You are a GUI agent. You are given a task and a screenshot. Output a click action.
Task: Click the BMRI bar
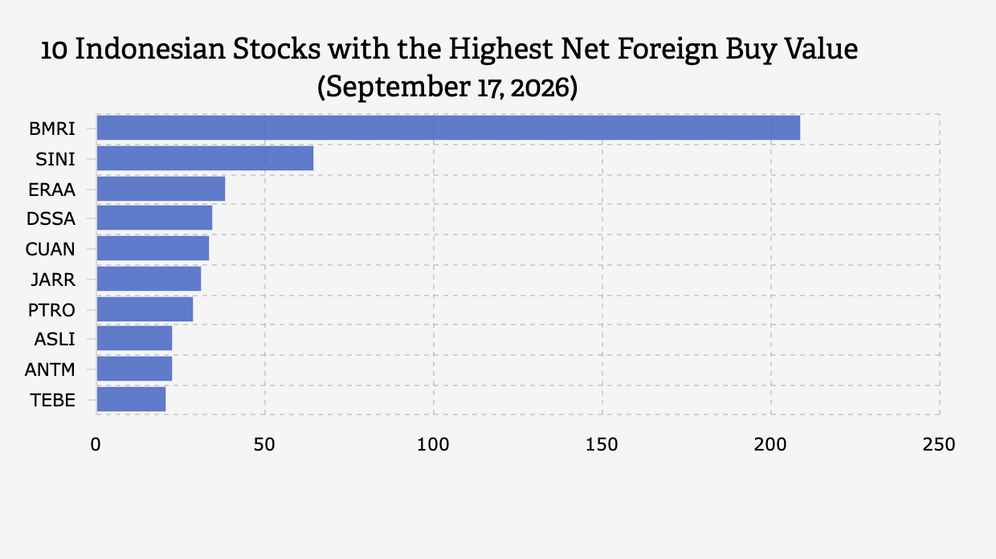(x=448, y=128)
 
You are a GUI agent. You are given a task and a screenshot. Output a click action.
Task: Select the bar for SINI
(x=205, y=158)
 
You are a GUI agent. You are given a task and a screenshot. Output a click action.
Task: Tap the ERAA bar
(x=161, y=189)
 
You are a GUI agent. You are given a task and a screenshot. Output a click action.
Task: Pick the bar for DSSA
(x=154, y=218)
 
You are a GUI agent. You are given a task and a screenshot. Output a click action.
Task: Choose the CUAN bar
(x=153, y=248)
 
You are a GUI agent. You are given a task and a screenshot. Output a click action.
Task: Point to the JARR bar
(x=149, y=279)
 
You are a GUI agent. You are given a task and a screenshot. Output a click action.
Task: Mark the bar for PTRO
(x=145, y=309)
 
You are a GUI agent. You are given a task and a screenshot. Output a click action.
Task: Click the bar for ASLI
(x=134, y=338)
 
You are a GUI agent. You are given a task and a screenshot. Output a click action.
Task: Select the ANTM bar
(x=134, y=369)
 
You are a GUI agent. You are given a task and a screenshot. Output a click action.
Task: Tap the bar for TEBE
(x=131, y=399)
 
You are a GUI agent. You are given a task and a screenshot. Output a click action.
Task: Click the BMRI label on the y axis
(x=52, y=129)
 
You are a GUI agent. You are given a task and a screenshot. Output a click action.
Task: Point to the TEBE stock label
(x=53, y=400)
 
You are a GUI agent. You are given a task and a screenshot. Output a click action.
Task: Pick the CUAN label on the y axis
(x=51, y=249)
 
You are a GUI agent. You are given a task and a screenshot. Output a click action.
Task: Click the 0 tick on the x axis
(x=96, y=445)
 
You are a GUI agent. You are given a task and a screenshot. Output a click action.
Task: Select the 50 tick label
(x=264, y=445)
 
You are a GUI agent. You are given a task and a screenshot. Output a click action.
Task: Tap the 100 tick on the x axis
(x=433, y=445)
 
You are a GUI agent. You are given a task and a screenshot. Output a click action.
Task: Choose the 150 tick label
(x=602, y=445)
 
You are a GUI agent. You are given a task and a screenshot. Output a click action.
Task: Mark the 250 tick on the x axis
(x=939, y=445)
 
